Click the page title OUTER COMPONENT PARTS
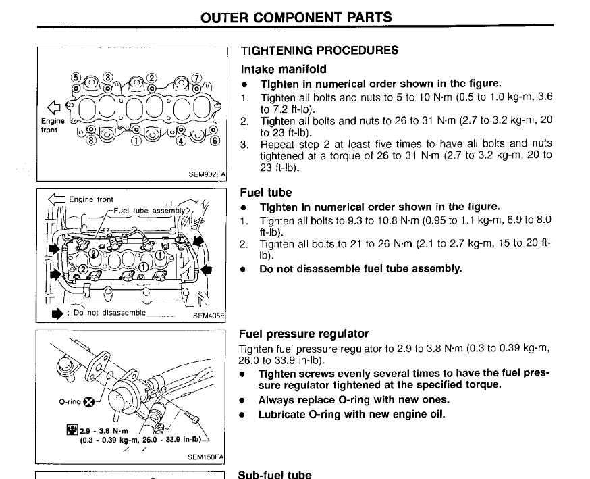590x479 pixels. coord(296,17)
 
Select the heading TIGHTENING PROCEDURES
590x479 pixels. coord(319,51)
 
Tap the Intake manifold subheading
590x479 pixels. coord(284,69)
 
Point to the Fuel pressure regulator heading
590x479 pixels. coord(304,334)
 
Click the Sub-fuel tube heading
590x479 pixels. coord(274,474)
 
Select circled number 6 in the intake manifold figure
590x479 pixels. coord(215,141)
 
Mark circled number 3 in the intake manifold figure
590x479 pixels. coord(107,77)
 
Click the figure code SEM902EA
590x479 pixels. coord(207,174)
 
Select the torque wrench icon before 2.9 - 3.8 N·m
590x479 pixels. coord(72,430)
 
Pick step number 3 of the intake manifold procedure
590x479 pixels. coord(245,144)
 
